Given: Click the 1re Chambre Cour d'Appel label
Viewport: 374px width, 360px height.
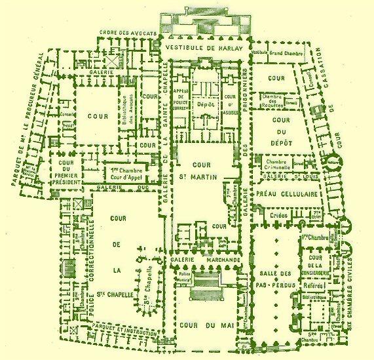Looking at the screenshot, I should (124, 172).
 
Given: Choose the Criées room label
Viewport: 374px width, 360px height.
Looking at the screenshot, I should (274, 215).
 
